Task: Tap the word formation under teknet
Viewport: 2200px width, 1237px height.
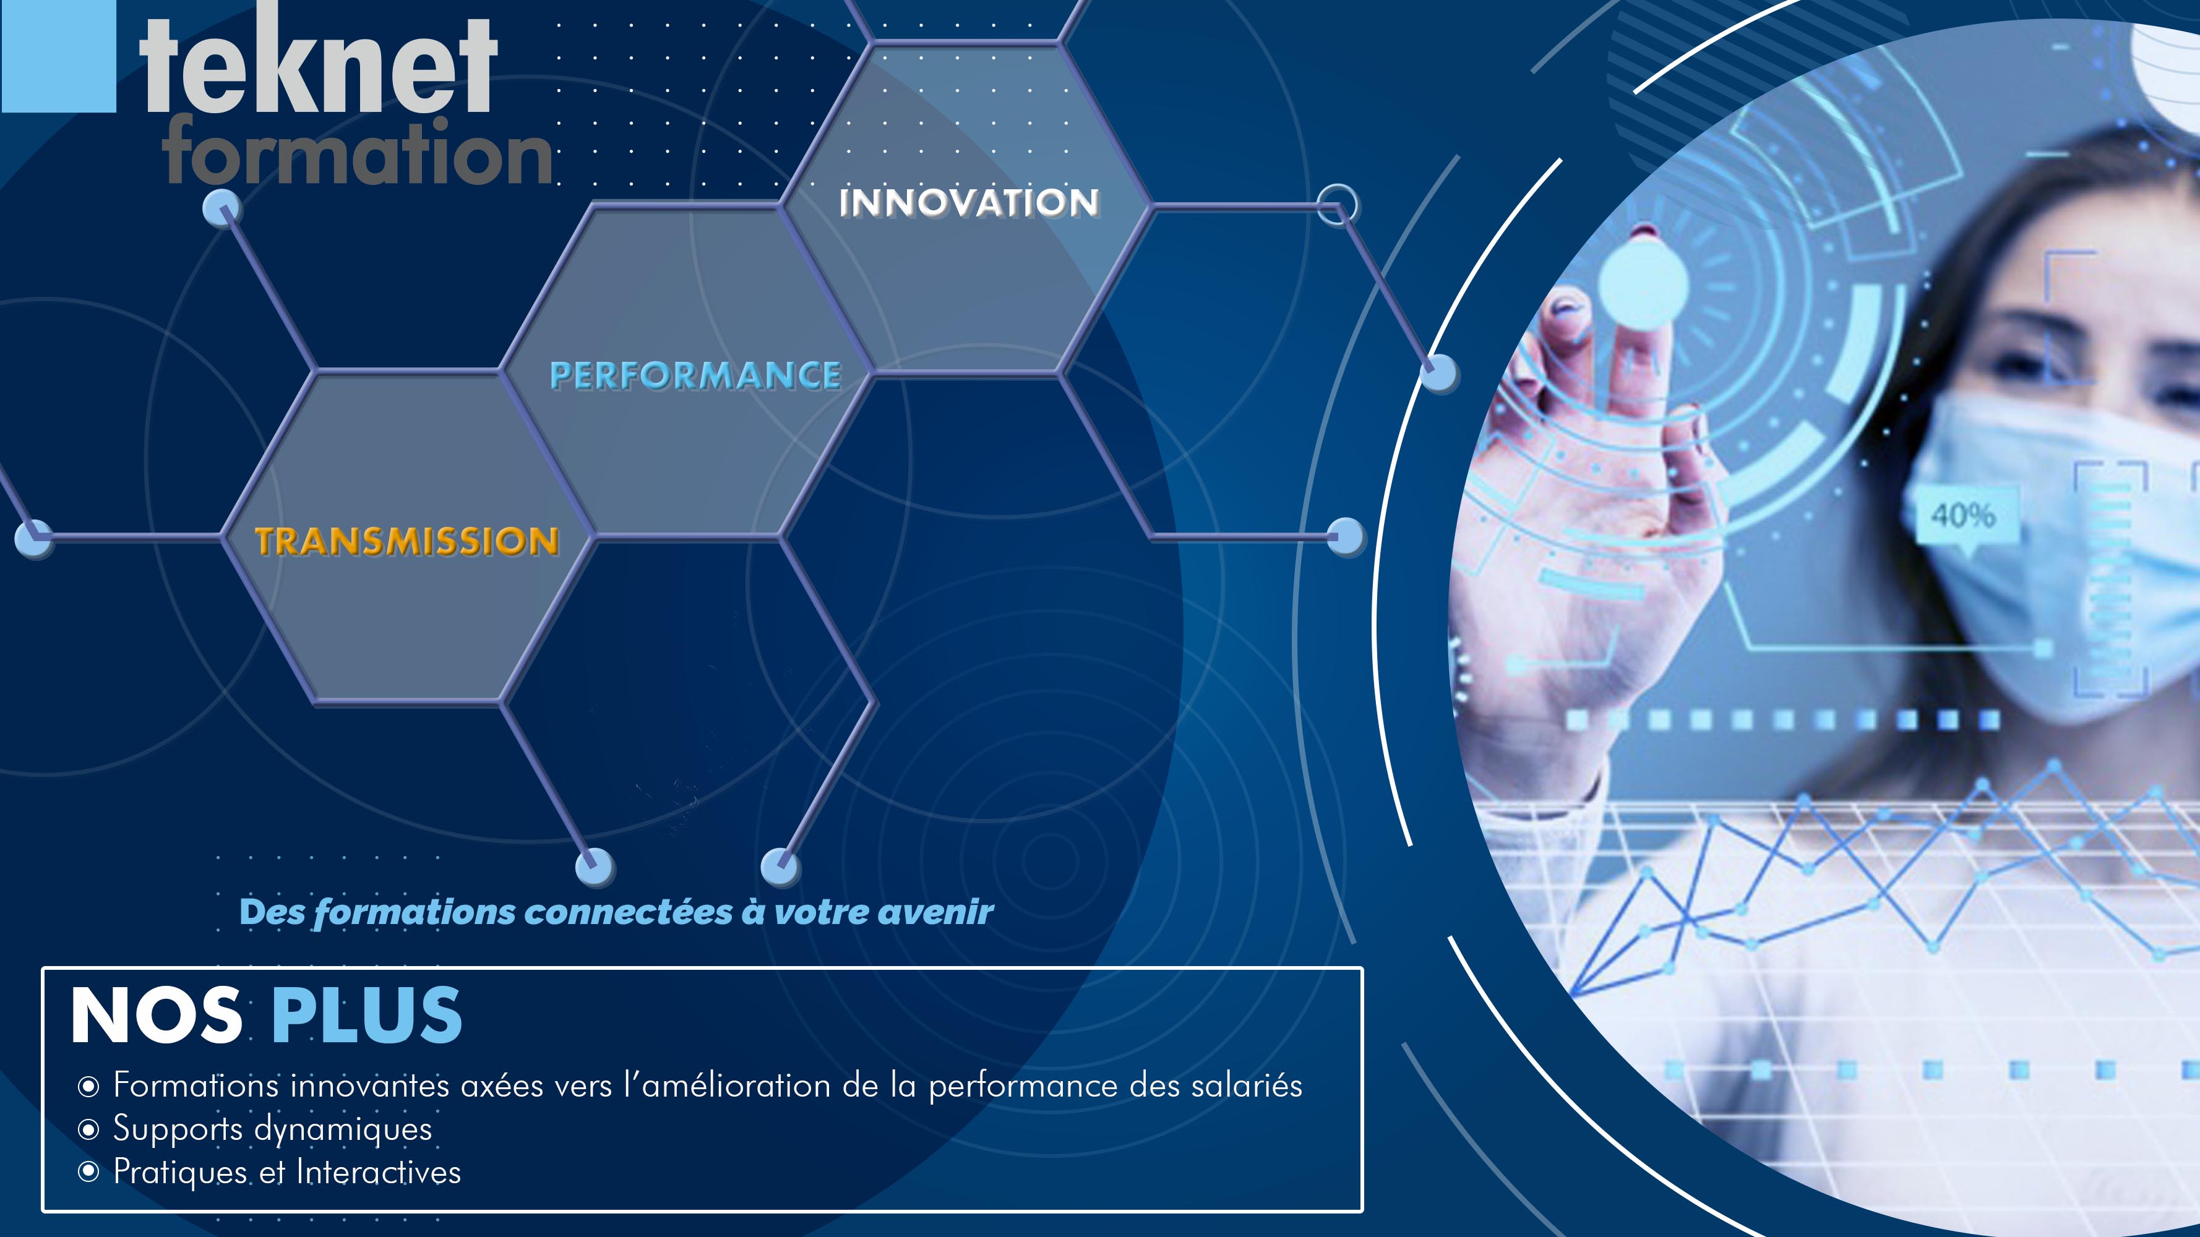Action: [x=359, y=153]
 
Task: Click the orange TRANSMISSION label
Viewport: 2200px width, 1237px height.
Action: [x=406, y=541]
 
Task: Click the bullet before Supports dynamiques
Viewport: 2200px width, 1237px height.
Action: [x=88, y=1130]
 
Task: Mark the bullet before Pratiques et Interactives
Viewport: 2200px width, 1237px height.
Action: [x=88, y=1172]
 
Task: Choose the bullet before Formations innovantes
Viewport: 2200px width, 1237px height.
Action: [x=88, y=1087]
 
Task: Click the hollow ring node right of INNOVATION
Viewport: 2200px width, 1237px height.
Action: [x=1336, y=205]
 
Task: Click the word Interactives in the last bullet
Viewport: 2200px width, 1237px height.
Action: [x=379, y=1172]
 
